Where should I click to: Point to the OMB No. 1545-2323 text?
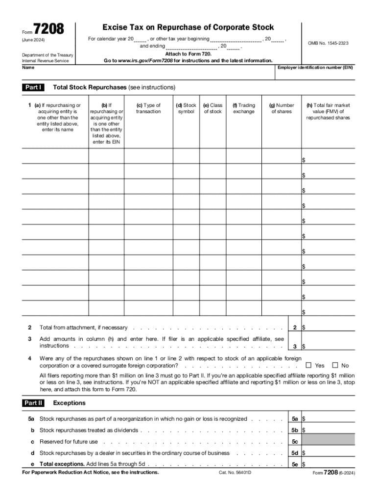(328, 44)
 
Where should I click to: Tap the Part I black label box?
(33, 87)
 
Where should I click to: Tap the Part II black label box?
(33, 403)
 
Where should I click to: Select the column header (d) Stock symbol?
(186, 108)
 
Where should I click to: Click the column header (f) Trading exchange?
(244, 108)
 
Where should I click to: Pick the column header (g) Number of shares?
(282, 108)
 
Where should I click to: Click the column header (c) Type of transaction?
(148, 108)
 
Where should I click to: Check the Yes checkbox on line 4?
(308, 365)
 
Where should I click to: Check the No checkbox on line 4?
(335, 365)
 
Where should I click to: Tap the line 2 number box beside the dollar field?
(295, 327)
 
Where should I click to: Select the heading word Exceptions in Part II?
(69, 403)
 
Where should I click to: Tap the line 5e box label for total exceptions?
(295, 464)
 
